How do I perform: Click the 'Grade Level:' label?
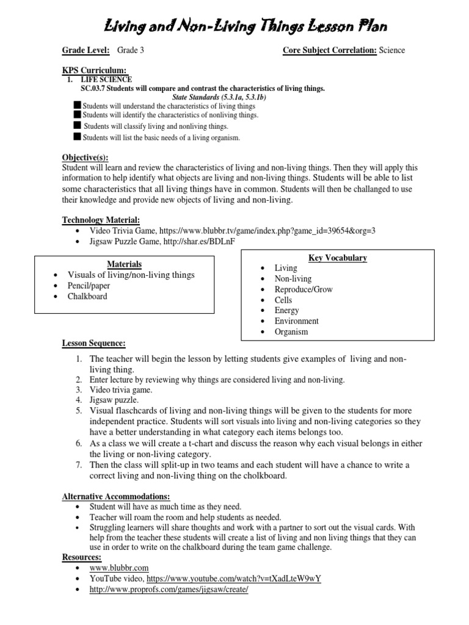click(x=85, y=51)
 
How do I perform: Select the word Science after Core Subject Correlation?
click(x=391, y=51)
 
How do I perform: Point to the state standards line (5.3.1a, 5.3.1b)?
click(x=219, y=97)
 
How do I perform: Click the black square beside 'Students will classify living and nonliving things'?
click(x=77, y=125)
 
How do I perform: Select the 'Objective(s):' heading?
click(x=85, y=157)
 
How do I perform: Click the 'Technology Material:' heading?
click(x=101, y=220)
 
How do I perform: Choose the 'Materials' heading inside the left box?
click(x=125, y=264)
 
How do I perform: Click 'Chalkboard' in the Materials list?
click(x=87, y=297)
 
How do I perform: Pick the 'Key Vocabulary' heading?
click(x=338, y=258)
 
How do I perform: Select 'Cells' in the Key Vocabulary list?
click(x=283, y=300)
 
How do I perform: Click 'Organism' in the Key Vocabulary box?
click(x=291, y=332)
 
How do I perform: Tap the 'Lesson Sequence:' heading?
click(x=94, y=344)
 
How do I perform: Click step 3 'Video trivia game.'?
click(x=121, y=389)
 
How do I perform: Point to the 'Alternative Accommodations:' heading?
click(x=116, y=496)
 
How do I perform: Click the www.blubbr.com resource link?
click(x=119, y=568)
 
